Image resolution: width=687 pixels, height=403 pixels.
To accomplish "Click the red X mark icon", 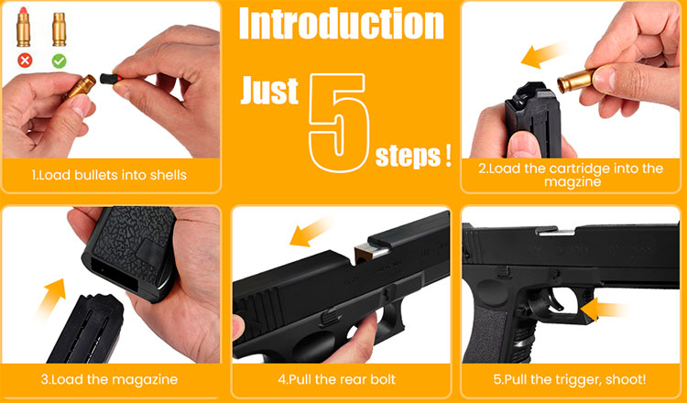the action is [25, 60].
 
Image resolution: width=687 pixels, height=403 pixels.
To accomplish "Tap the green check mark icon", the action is [60, 60].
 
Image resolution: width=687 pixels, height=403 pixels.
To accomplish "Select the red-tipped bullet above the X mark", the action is [23, 27].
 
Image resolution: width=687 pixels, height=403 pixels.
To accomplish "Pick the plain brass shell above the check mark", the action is [60, 29].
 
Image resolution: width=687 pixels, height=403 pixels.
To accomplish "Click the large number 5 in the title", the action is [339, 122].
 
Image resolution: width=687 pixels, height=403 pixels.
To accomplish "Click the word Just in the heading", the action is [269, 91].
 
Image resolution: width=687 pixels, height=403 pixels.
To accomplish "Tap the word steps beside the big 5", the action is [408, 157].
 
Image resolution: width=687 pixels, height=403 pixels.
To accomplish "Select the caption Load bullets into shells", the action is [109, 175].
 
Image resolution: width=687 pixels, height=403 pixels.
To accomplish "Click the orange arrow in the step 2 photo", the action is [541, 55].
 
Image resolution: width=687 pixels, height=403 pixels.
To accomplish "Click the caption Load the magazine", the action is [109, 379].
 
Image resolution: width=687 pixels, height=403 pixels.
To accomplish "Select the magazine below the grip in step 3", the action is [86, 329].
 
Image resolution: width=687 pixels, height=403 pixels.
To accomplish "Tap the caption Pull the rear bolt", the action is [337, 379].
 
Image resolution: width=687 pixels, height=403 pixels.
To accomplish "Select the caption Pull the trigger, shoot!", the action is [570, 379].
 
